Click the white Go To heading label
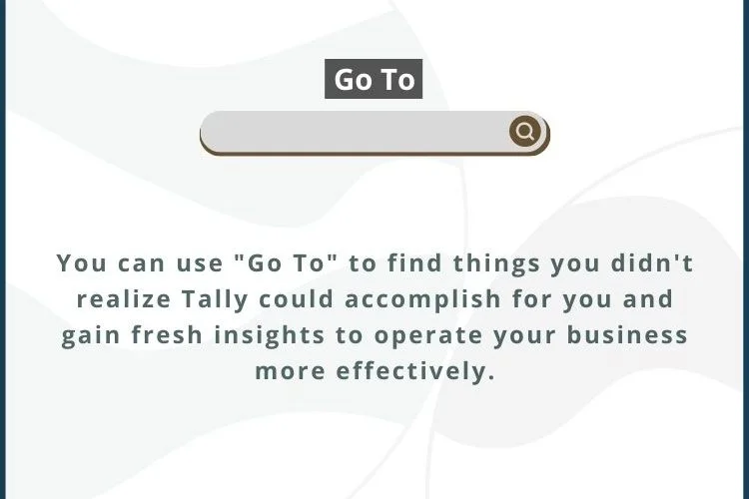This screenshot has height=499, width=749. tap(374, 79)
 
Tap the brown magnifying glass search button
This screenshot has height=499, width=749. tap(525, 131)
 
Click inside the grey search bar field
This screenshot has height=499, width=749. tap(354, 132)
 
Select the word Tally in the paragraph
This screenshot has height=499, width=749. tap(215, 299)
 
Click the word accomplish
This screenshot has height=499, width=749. tap(422, 299)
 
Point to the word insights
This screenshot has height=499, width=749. tap(270, 334)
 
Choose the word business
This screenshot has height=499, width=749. tap(627, 334)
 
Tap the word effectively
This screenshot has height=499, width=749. tap(415, 371)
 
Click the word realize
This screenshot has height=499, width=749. tap(124, 299)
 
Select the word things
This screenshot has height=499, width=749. tap(496, 263)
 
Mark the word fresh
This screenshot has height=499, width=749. tap(167, 334)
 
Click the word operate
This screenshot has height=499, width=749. tap(428, 335)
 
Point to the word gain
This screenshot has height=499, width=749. tap(91, 335)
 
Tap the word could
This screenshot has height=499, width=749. tap(297, 299)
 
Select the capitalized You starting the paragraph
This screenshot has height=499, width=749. tap(82, 263)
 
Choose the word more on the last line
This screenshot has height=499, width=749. tap(290, 372)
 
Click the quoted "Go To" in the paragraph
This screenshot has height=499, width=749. tap(287, 263)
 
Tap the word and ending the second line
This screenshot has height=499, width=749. tap(648, 299)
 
